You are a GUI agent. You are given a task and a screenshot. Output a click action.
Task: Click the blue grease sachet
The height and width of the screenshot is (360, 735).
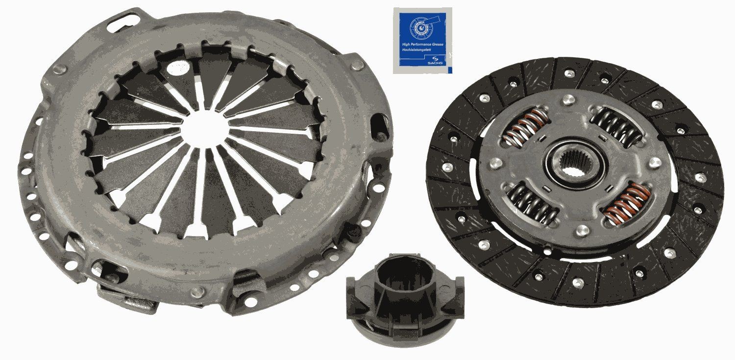coord(422,40)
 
